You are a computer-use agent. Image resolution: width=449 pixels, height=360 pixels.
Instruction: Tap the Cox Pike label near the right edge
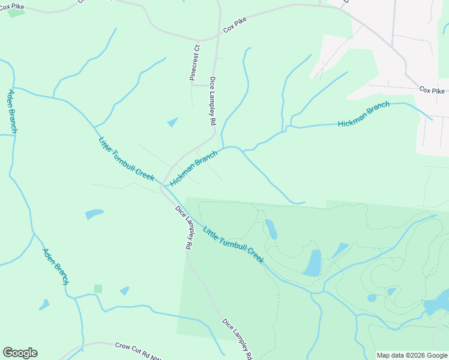[x=432, y=91]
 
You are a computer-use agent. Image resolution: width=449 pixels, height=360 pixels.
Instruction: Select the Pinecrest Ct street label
[x=194, y=62]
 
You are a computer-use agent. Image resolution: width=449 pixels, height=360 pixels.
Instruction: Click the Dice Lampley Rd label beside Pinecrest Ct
[x=212, y=100]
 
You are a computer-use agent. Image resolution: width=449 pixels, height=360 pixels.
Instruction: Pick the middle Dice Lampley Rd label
[x=184, y=227]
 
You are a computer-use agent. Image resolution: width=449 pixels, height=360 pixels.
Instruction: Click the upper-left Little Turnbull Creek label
[x=126, y=159]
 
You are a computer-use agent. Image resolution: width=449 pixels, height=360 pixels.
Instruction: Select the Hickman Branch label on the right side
[x=363, y=115]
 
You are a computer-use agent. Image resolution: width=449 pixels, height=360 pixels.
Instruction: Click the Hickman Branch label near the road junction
[x=193, y=168]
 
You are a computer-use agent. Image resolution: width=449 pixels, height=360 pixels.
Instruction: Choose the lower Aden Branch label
[x=55, y=266]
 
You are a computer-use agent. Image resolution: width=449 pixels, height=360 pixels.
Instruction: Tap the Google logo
[x=20, y=353]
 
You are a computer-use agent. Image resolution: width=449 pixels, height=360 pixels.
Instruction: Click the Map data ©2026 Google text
[x=411, y=355]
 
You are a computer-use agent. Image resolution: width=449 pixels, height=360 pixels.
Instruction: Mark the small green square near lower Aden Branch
[x=98, y=289]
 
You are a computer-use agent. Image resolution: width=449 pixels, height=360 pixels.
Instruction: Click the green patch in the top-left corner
[x=16, y=12]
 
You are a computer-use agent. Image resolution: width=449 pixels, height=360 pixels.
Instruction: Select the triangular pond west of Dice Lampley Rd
[x=173, y=122]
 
